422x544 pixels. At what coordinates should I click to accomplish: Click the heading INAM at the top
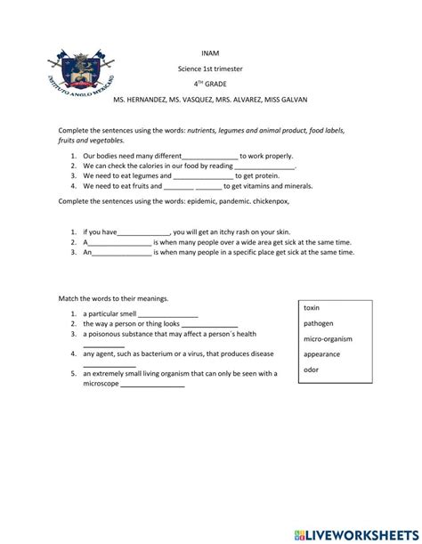click(x=211, y=53)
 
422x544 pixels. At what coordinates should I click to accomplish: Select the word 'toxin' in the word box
click(x=312, y=307)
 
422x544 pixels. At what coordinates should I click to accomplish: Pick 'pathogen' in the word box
click(x=319, y=323)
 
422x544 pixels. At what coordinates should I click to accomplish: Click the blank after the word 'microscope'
click(x=152, y=386)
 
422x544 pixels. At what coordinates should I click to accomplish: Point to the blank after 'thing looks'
click(x=209, y=325)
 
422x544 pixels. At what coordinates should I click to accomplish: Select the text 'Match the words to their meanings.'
click(x=112, y=298)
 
